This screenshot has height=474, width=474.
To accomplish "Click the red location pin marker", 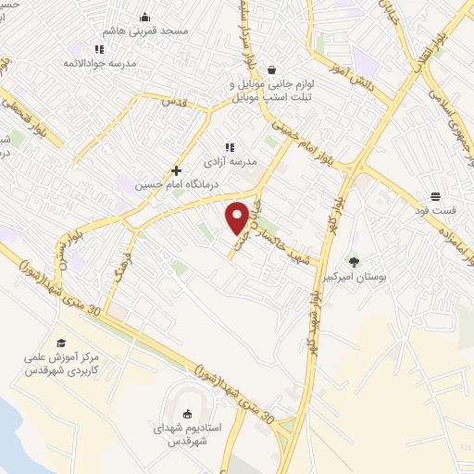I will [x=238, y=217].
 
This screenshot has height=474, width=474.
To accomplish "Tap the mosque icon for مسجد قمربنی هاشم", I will [x=144, y=17].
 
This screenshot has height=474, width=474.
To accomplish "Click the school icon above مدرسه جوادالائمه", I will [x=99, y=48].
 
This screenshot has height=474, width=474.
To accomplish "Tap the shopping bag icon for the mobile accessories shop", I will [x=271, y=69].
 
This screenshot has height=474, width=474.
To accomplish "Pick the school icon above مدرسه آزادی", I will [x=231, y=145].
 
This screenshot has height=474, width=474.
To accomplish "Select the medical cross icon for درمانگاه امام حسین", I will [x=177, y=170].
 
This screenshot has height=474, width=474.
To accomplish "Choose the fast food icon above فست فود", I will [x=434, y=195].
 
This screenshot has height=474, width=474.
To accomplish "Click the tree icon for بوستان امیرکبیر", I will [x=353, y=262].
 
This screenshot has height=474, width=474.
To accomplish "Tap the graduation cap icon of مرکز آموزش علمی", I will [x=61, y=343].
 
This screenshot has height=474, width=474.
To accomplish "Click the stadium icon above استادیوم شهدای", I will [x=188, y=414].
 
